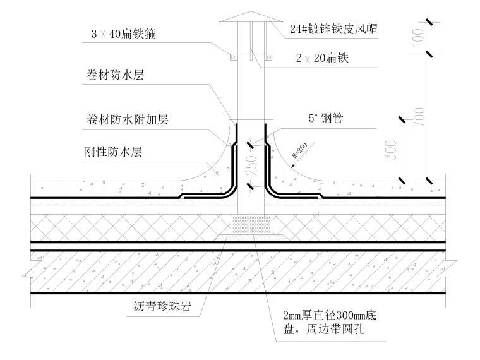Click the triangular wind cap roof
[251, 13]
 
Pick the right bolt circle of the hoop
[270, 57]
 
